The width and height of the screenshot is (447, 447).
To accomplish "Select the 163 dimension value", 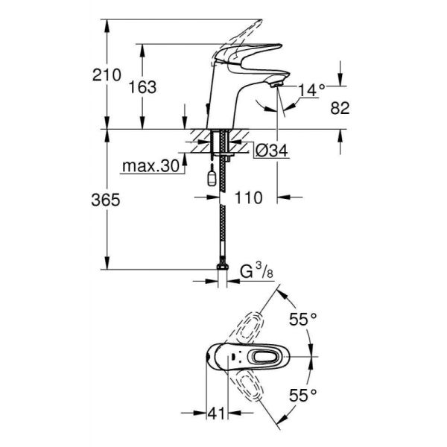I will click(142, 86).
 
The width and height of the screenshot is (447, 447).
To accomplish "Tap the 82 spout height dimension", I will click(340, 108).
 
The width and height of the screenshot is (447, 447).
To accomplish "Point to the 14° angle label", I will click(311, 89).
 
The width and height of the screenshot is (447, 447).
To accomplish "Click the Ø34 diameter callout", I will click(267, 151).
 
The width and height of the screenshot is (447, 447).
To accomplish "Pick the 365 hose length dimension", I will click(104, 200).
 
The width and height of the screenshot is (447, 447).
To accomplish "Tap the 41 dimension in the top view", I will click(216, 412).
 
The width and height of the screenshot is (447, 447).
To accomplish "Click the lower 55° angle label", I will click(304, 393).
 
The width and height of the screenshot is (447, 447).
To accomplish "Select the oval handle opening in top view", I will click(263, 360).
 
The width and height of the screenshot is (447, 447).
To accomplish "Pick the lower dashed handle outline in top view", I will click(250, 395).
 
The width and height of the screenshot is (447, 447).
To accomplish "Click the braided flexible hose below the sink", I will click(221, 223).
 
